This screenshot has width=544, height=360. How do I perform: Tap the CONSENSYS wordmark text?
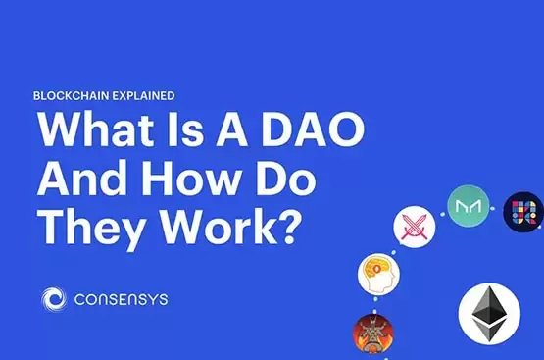point(120,299)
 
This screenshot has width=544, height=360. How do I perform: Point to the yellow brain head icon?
point(378,275)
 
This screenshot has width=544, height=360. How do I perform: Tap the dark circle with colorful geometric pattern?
point(523,211)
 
